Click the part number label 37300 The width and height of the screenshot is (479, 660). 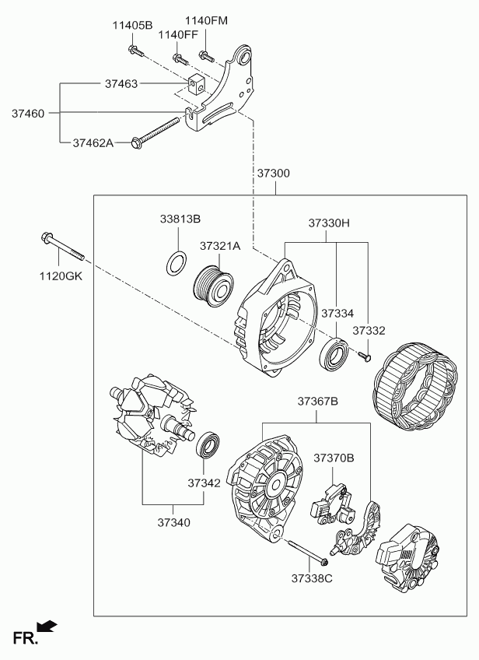[x=274, y=173]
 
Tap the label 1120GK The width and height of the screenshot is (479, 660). [x=61, y=276]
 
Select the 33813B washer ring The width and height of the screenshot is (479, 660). [x=177, y=264]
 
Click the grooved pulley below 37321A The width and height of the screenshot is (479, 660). [x=213, y=287]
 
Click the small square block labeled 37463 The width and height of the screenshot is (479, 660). [x=196, y=84]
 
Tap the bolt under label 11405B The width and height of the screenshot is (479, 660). [x=135, y=50]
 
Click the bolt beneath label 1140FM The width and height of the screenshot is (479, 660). [x=206, y=55]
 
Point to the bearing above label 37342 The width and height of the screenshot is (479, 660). [x=208, y=444]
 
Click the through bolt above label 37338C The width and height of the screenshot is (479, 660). [x=308, y=552]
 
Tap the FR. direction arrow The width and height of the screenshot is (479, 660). [x=47, y=627]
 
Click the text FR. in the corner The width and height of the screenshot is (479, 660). [x=25, y=638]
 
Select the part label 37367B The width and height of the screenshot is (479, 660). [x=318, y=401]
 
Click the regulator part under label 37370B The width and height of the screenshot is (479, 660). [x=332, y=504]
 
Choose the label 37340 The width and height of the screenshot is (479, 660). [x=174, y=523]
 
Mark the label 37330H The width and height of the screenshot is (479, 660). [x=329, y=223]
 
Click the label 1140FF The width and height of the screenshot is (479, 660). [x=178, y=35]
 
